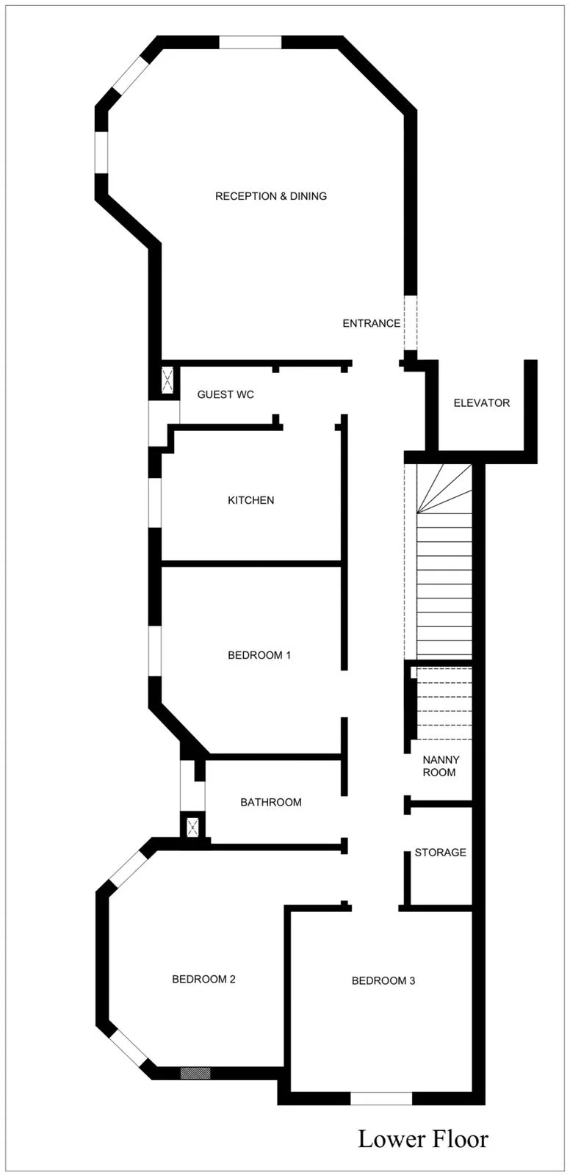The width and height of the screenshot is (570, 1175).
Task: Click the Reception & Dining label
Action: pyautogui.click(x=271, y=196)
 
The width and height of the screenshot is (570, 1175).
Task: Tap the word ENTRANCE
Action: pyautogui.click(x=372, y=323)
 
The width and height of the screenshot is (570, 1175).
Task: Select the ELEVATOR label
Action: pyautogui.click(x=482, y=403)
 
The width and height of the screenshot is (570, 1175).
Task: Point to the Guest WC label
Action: pyautogui.click(x=226, y=394)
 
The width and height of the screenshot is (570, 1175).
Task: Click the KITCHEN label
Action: pyautogui.click(x=251, y=500)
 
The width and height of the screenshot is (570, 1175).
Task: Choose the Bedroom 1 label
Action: pyautogui.click(x=259, y=655)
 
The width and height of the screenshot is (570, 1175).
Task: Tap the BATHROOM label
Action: pyautogui.click(x=271, y=802)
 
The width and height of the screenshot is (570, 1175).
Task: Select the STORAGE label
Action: pyautogui.click(x=441, y=853)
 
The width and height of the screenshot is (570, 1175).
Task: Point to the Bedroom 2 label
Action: pyautogui.click(x=203, y=979)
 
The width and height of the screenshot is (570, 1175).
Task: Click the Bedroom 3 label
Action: pyautogui.click(x=383, y=980)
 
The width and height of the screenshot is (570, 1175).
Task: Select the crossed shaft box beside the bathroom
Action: pyautogui.click(x=192, y=827)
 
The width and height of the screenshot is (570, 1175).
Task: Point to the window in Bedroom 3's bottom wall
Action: pyautogui.click(x=381, y=1099)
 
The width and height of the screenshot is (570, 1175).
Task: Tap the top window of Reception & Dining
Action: pyautogui.click(x=250, y=42)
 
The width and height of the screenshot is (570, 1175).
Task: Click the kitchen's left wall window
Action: pyautogui.click(x=155, y=503)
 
